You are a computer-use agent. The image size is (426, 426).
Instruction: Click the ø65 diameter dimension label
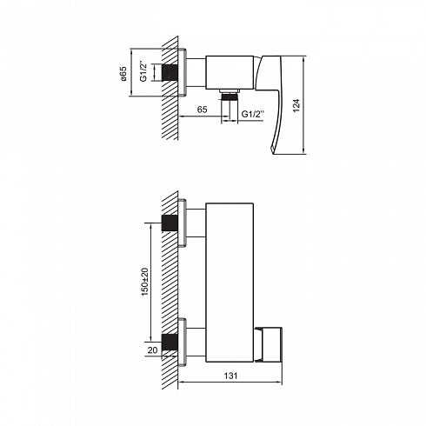click(x=123, y=74)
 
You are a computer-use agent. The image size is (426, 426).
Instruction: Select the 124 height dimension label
click(x=296, y=105)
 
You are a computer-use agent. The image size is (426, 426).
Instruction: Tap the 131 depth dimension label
click(x=230, y=376)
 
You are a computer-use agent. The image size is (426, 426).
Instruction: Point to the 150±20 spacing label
click(x=145, y=282)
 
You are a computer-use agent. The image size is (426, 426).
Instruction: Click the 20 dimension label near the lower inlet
click(x=152, y=350)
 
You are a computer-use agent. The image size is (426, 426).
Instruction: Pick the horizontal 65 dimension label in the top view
click(x=202, y=110)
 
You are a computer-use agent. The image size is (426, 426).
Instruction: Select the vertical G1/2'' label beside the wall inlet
click(x=144, y=71)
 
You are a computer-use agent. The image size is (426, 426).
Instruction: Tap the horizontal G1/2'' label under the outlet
click(x=253, y=114)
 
